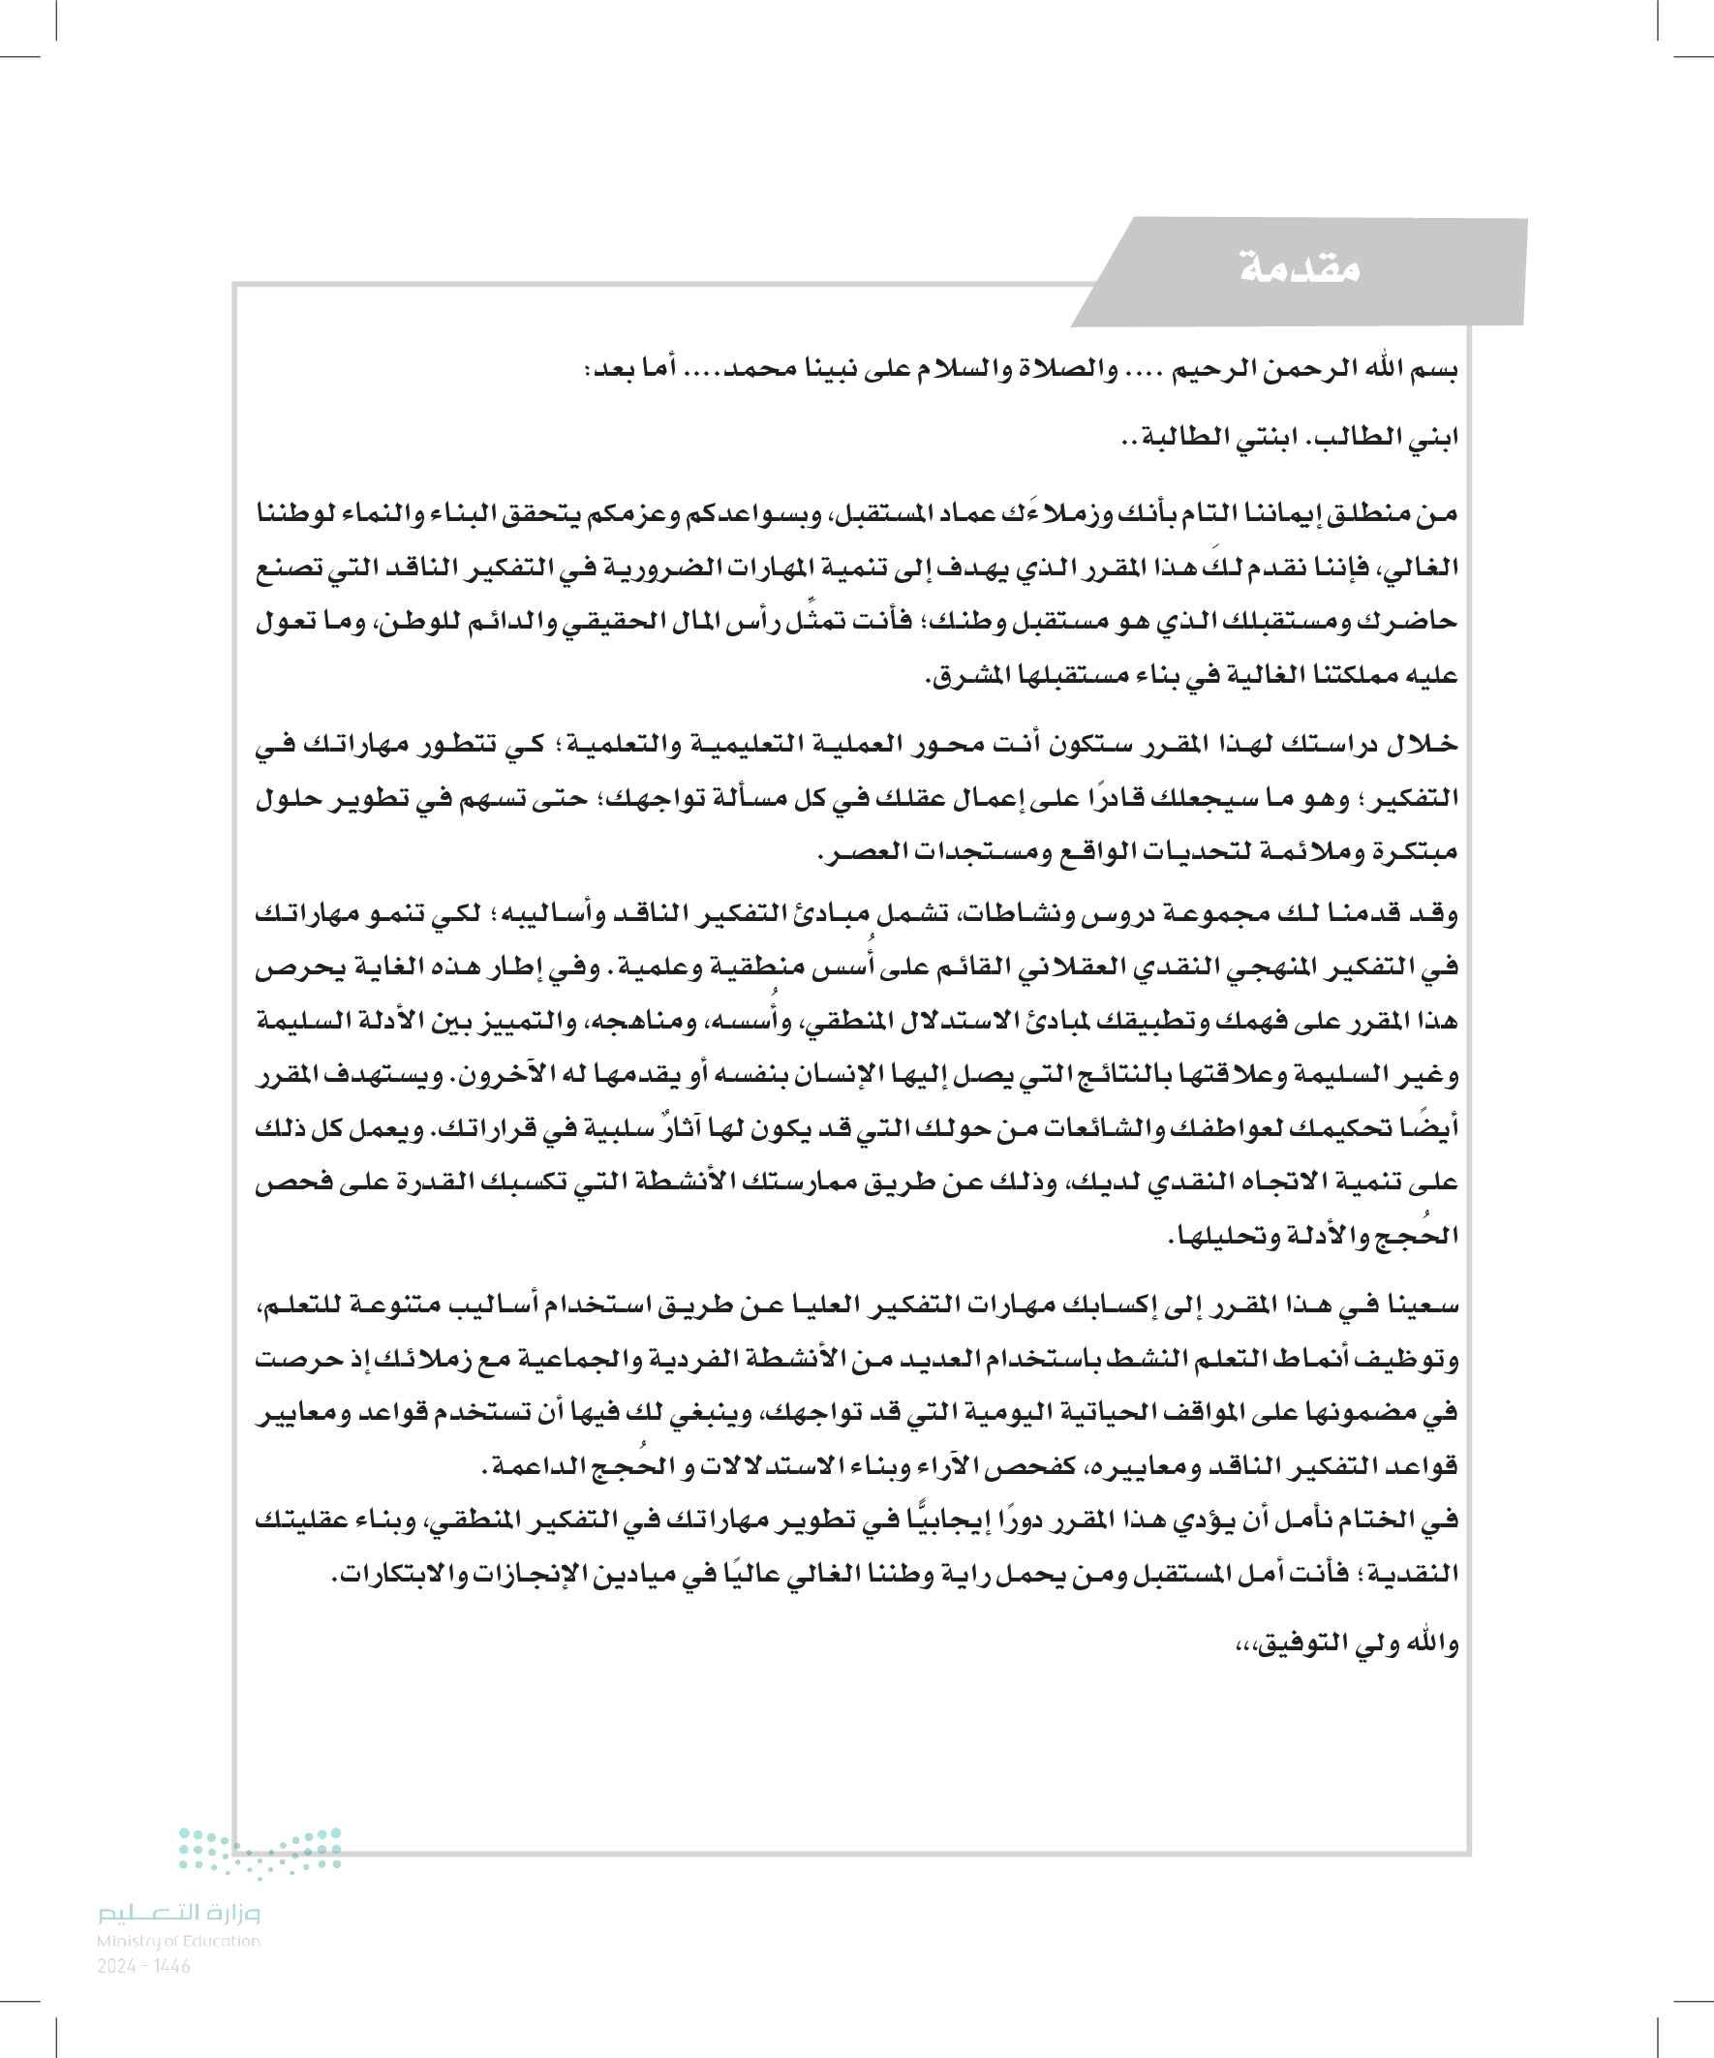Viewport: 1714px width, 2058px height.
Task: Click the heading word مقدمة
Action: click(1300, 266)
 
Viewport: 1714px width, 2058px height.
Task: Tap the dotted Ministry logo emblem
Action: click(260, 1851)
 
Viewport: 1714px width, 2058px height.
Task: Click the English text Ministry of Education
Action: click(178, 1941)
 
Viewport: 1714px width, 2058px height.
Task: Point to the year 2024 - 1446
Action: click(144, 1965)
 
